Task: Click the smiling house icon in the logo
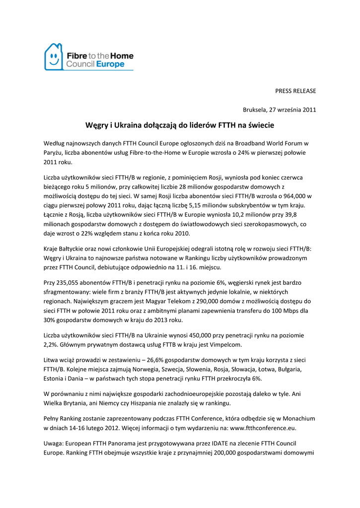point(53,57)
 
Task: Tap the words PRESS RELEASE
point(295,91)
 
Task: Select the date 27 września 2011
point(291,110)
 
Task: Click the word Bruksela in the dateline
point(253,110)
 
